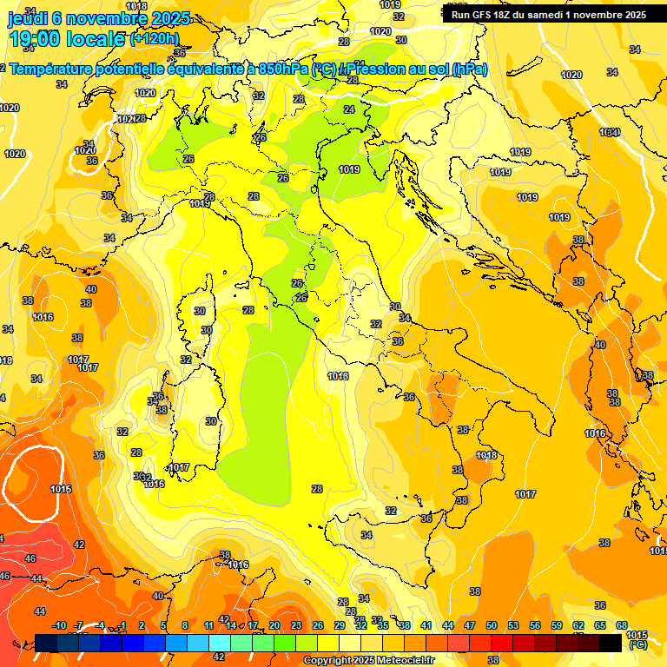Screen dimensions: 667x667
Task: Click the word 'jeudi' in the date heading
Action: [x=27, y=18]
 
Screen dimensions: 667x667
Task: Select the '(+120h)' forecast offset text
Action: [x=154, y=38]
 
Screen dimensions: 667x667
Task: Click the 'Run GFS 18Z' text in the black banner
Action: [x=486, y=15]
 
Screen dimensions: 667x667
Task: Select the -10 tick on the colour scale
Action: [x=59, y=625]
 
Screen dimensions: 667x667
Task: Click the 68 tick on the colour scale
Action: [x=622, y=625]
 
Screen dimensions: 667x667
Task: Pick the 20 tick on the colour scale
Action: [x=274, y=625]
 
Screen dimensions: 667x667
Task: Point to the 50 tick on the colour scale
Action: [x=492, y=625]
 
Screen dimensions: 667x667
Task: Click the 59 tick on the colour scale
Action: [x=557, y=625]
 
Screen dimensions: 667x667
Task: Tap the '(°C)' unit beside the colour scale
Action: [x=637, y=645]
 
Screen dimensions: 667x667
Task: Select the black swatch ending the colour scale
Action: [x=611, y=643]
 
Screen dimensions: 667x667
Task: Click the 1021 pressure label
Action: [x=127, y=119]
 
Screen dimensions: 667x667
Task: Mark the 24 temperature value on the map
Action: [x=349, y=109]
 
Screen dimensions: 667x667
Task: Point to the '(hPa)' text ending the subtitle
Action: [x=470, y=69]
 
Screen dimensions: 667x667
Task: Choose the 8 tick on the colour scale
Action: [x=185, y=625]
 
